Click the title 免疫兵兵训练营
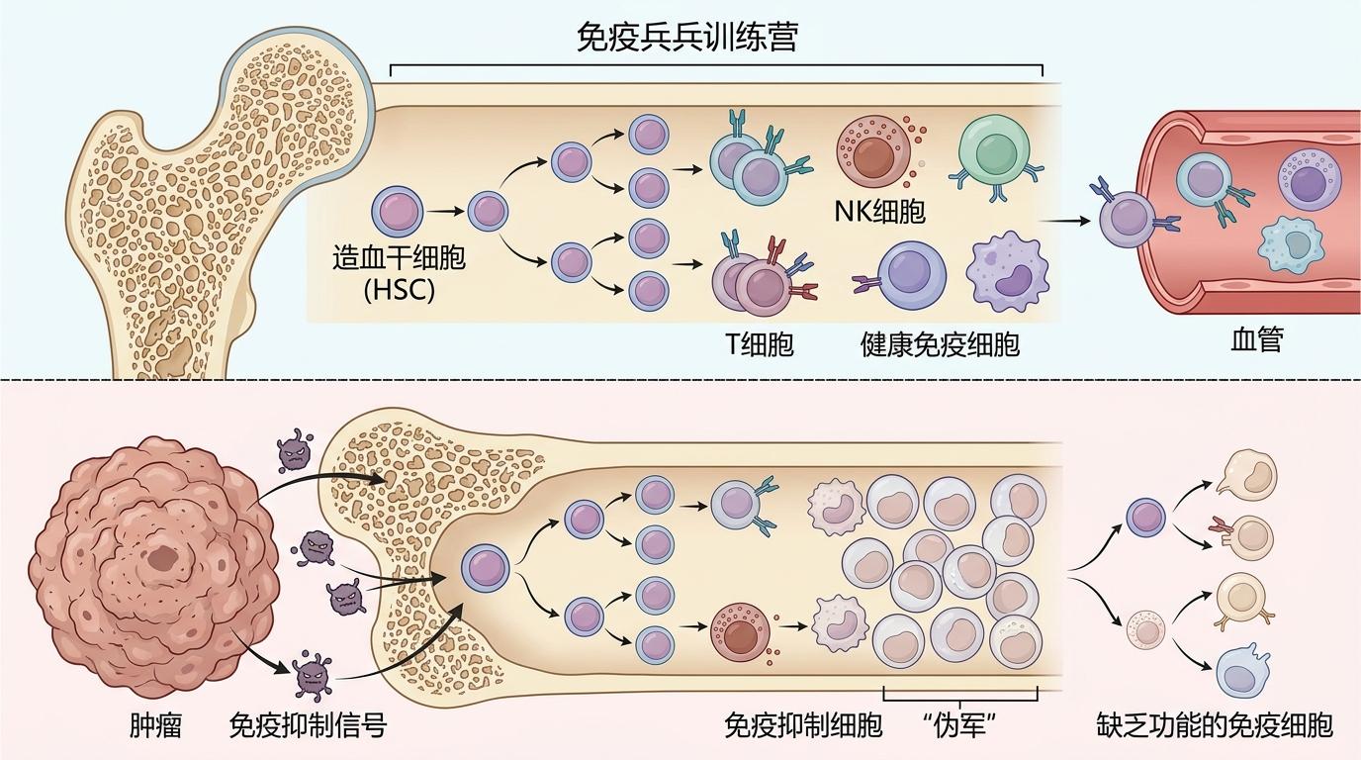click(x=687, y=39)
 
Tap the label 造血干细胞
click(x=399, y=259)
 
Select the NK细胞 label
click(x=880, y=211)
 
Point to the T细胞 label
click(x=760, y=343)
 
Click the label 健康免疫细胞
click(x=940, y=343)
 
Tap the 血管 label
click(x=1256, y=340)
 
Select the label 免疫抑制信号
click(x=307, y=725)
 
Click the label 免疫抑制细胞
click(x=802, y=725)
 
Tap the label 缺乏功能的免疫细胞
click(x=1215, y=725)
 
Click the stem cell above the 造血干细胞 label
click(x=398, y=212)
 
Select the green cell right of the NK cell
click(x=988, y=148)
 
